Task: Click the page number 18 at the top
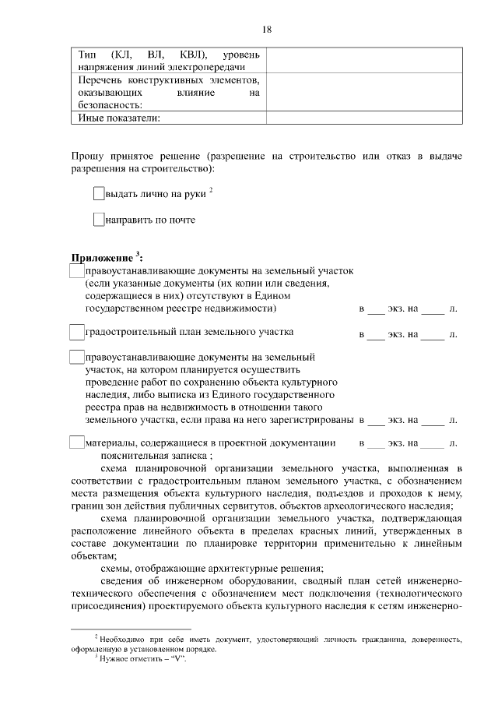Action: click(266, 29)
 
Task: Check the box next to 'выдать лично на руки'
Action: click(98, 192)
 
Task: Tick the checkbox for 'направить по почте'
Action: click(98, 220)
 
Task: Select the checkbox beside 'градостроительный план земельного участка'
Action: click(76, 333)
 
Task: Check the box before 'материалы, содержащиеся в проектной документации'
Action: click(76, 442)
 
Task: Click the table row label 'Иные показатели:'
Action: click(120, 118)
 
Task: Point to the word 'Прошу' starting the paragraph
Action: click(87, 157)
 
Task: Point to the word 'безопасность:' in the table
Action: click(109, 105)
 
